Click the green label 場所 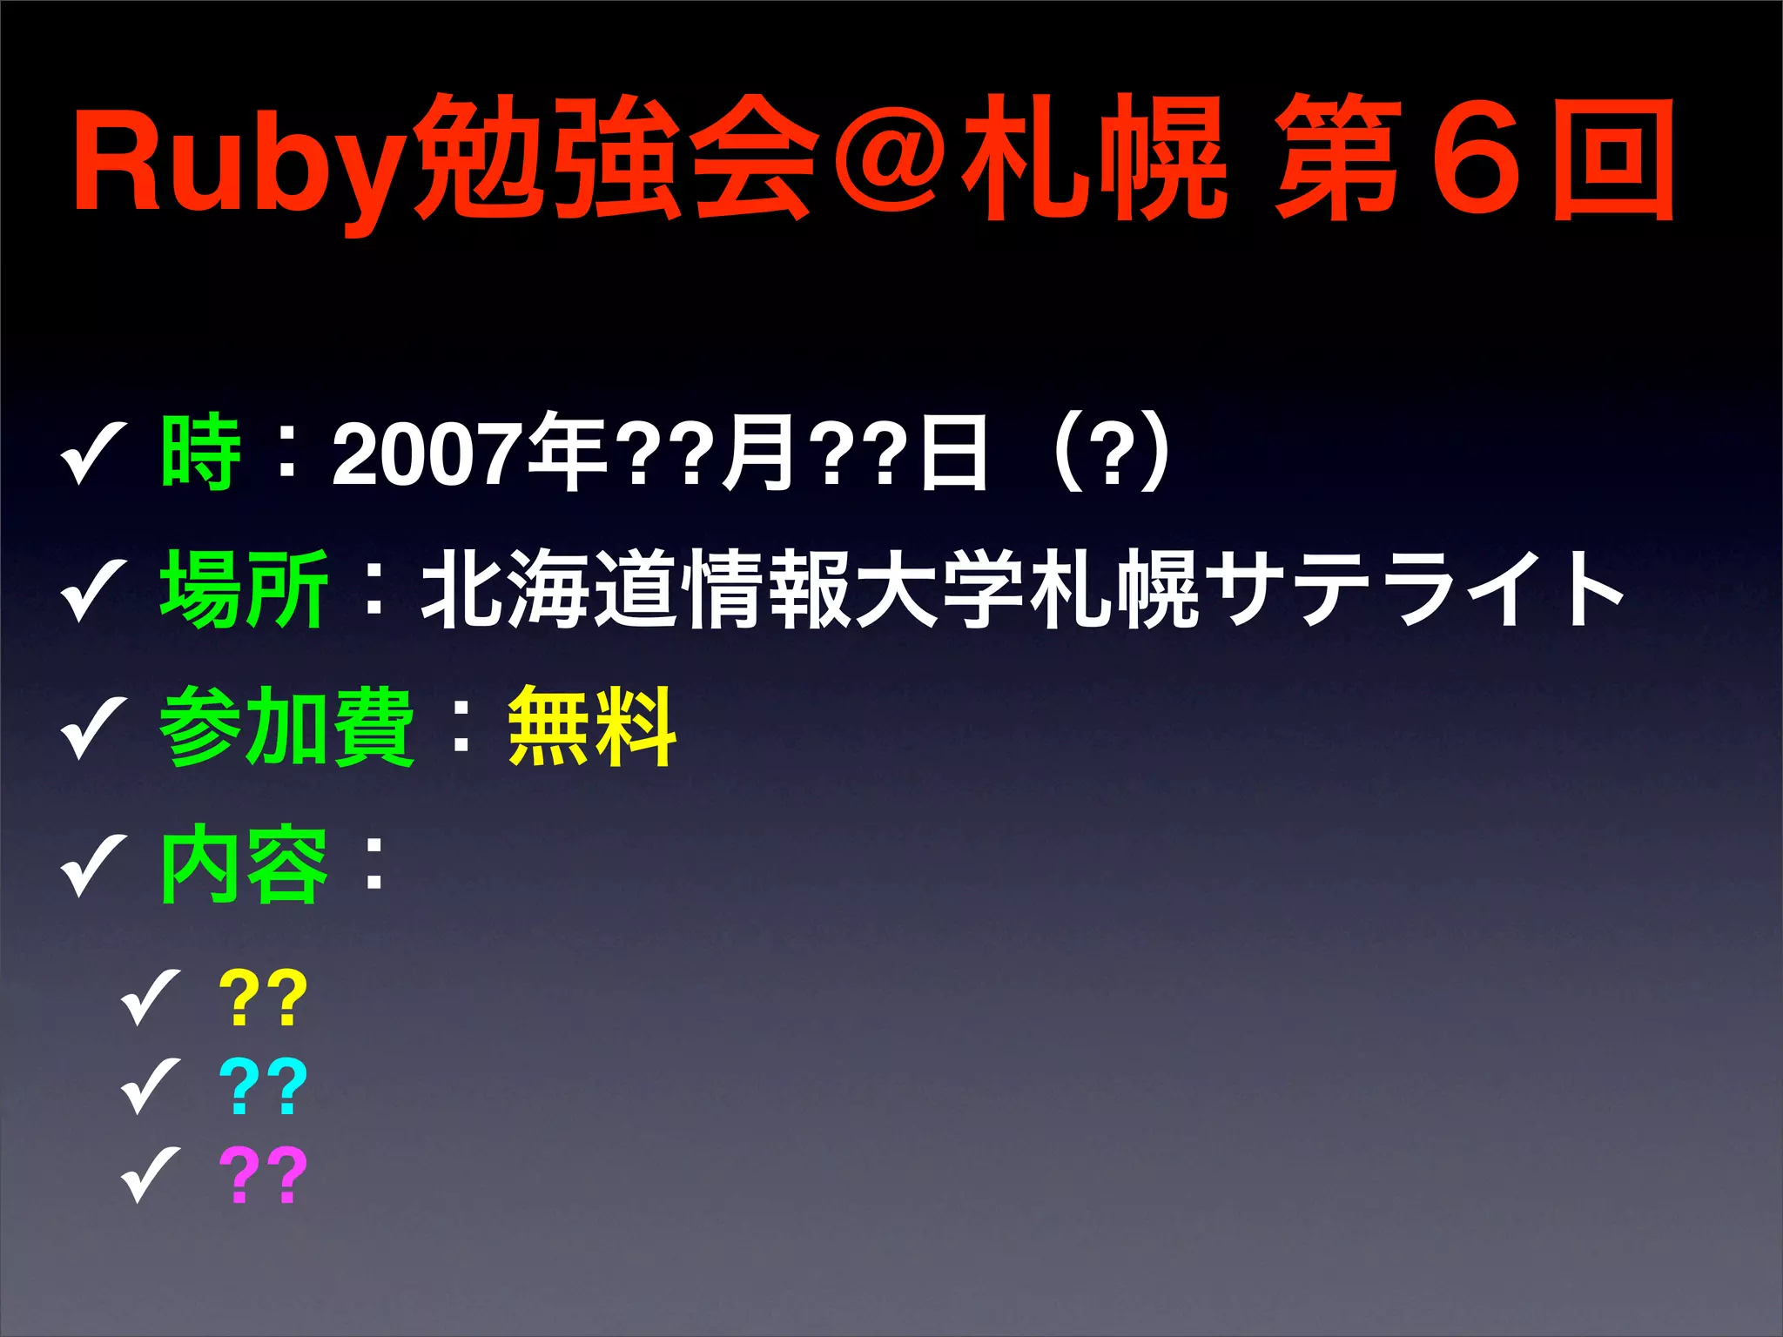(x=245, y=589)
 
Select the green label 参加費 (x=287, y=726)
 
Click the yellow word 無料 (x=591, y=726)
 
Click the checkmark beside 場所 (x=93, y=592)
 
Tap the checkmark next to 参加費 (x=93, y=729)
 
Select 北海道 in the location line (x=549, y=589)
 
